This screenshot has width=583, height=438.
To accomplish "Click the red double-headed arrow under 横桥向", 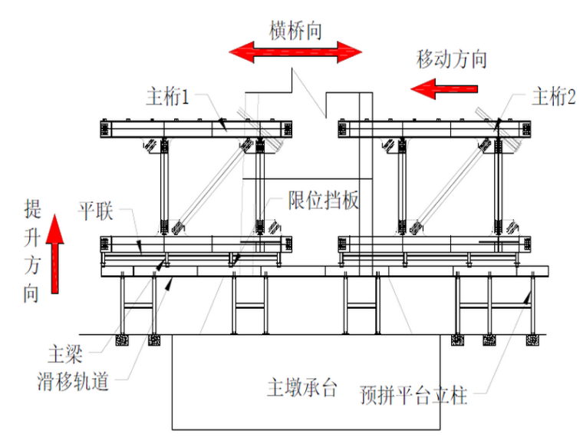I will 295,52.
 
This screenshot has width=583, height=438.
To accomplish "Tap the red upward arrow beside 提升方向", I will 54,254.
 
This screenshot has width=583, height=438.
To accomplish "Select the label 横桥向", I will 295,30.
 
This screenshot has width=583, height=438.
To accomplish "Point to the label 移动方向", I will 452,58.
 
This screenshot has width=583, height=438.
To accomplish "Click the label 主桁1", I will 167,98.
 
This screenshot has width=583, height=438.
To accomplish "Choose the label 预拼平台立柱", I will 413,397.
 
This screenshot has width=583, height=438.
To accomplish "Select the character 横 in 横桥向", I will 278,30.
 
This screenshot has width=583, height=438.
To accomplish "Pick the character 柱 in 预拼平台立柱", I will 459,397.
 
